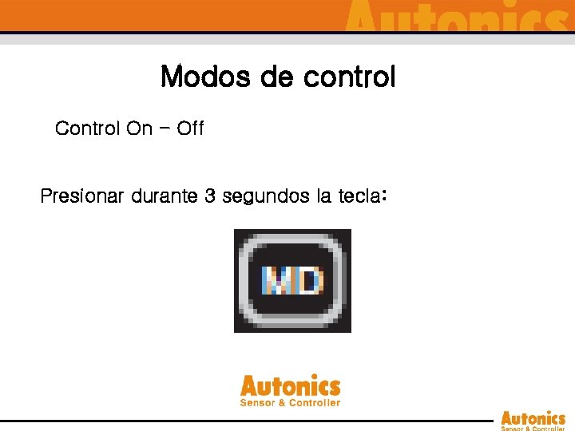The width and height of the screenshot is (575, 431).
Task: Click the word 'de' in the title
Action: click(x=279, y=77)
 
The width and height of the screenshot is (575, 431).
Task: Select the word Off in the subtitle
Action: click(x=190, y=128)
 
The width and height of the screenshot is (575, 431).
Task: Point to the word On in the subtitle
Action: click(x=139, y=128)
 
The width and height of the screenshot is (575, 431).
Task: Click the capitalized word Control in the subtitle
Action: click(x=87, y=128)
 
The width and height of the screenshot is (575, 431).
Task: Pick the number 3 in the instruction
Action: click(x=210, y=196)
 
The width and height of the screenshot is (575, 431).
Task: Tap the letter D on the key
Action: click(x=310, y=280)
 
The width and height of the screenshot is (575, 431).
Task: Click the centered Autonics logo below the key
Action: click(x=290, y=387)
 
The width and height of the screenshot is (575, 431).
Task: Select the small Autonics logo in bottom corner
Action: click(x=533, y=418)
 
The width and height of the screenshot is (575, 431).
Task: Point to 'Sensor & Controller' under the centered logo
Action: click(x=290, y=402)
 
